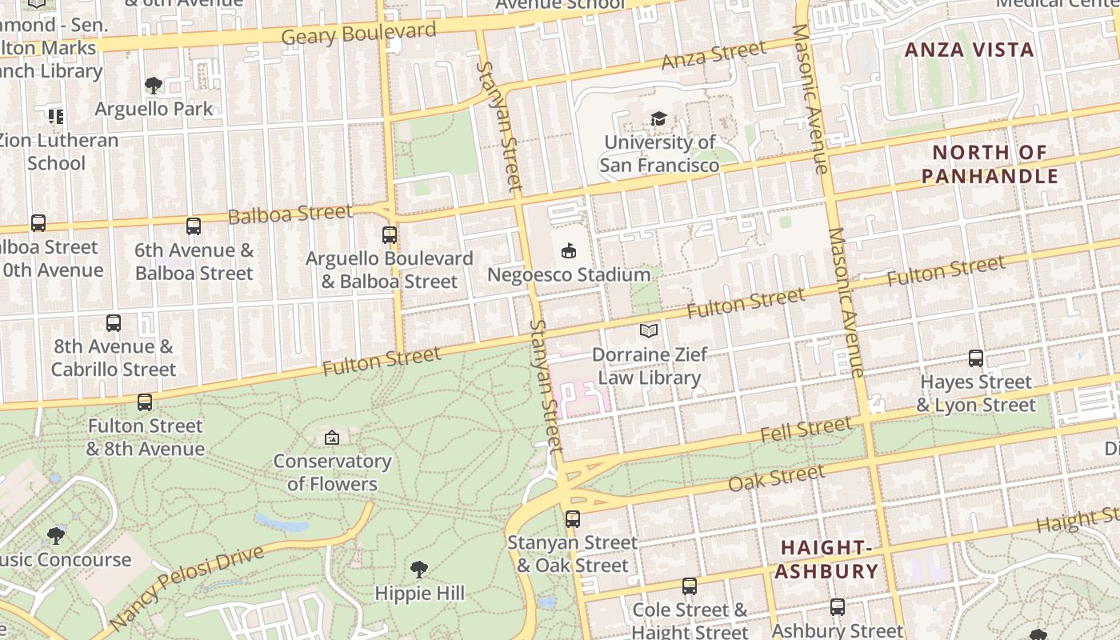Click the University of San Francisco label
click(659, 154)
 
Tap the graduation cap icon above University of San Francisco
click(658, 119)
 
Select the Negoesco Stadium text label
click(569, 274)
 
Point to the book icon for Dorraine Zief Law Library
click(649, 330)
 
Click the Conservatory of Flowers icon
click(332, 438)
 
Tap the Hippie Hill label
click(419, 593)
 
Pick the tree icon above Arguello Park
click(154, 86)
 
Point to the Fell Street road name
click(806, 430)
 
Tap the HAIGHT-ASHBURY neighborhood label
click(826, 559)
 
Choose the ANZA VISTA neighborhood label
click(969, 50)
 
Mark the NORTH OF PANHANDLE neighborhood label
click(990, 164)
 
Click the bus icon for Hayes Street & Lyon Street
click(976, 358)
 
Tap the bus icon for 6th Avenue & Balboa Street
click(194, 226)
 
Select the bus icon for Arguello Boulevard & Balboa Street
click(390, 235)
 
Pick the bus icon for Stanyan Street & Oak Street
click(573, 518)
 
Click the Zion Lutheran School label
click(58, 151)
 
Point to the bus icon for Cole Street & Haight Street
click(690, 586)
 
